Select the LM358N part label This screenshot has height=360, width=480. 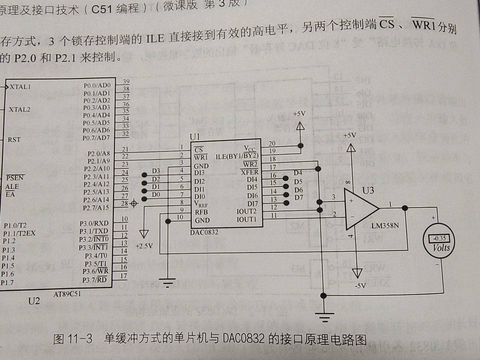(x=385, y=226)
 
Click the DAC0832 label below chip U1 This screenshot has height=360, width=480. (x=204, y=232)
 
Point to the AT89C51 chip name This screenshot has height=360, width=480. (x=67, y=294)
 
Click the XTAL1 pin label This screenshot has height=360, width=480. (x=20, y=87)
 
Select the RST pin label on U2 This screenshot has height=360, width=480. (x=14, y=140)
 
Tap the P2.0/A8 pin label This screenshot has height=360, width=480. (x=99, y=153)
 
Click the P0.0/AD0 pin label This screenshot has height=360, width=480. (x=97, y=86)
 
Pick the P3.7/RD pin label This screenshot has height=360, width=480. (x=95, y=280)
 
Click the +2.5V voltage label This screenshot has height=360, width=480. (x=144, y=246)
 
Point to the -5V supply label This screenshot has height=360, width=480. (x=360, y=286)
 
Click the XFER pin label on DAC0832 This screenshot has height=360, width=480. (x=250, y=172)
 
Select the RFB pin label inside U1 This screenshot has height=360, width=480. (x=201, y=212)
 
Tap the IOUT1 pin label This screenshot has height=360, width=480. (x=246, y=219)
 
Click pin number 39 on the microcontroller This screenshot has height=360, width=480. (x=126, y=82)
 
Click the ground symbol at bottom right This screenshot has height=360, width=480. (x=324, y=316)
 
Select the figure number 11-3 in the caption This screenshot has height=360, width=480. (x=80, y=339)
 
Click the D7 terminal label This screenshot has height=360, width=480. (x=299, y=197)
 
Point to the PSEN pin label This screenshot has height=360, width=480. (x=15, y=178)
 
